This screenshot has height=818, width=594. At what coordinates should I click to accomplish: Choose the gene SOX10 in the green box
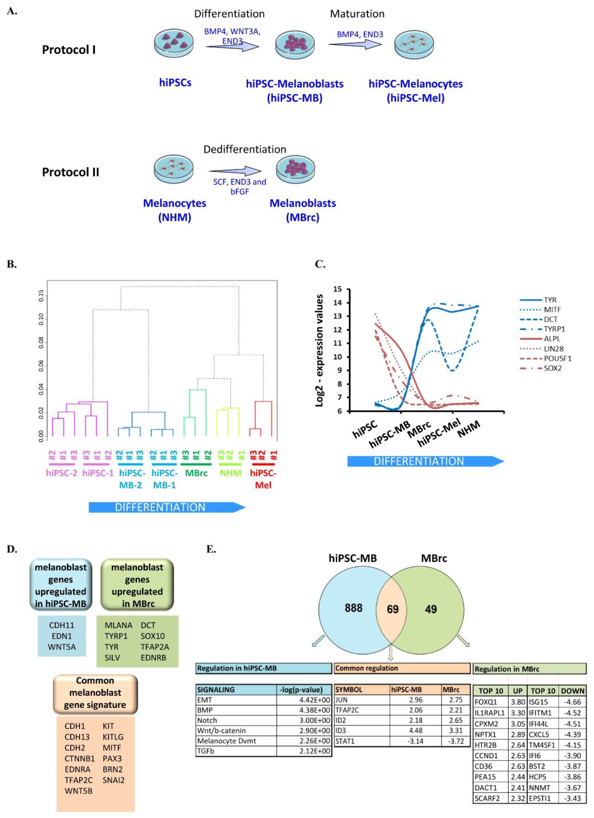153,636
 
